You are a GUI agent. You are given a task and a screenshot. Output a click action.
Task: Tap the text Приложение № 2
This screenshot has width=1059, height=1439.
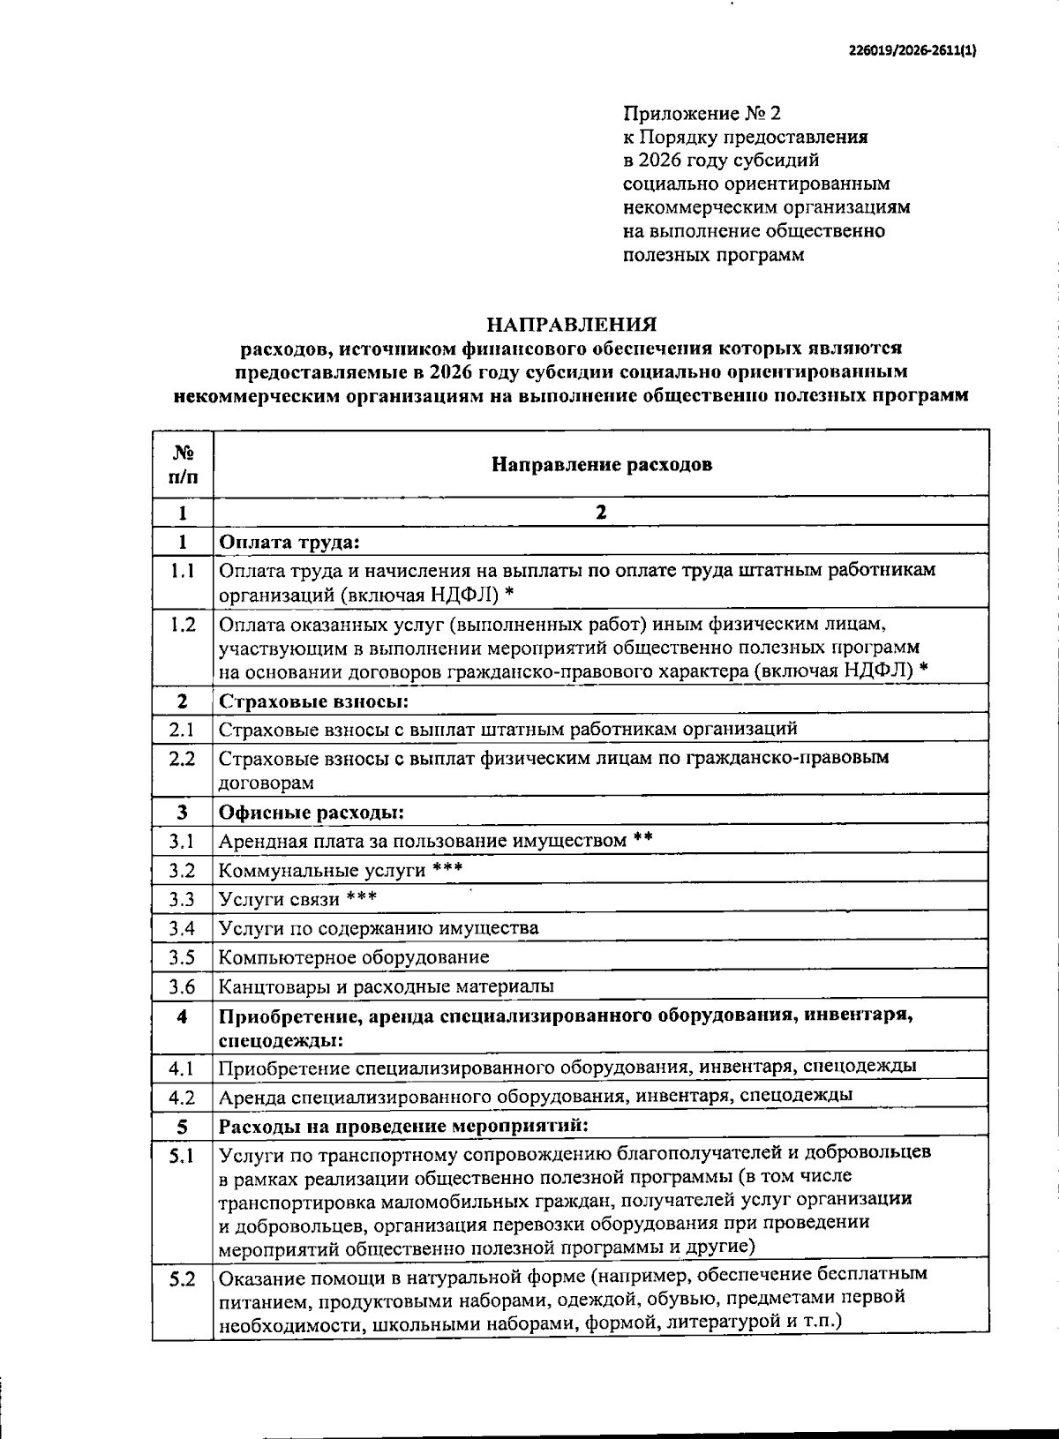(702, 114)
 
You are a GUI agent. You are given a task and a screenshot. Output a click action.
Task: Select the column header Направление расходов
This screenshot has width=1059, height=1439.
(601, 464)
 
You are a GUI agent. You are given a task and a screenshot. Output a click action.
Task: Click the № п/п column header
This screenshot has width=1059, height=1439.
(183, 464)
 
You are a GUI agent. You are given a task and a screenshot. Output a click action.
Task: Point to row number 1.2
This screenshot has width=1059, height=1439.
(183, 625)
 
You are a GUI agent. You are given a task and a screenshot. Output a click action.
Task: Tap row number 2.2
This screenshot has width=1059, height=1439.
(183, 758)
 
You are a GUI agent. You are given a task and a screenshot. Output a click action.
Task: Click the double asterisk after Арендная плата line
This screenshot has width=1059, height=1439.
(642, 839)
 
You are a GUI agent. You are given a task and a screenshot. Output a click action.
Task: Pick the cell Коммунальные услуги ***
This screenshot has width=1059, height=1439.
(340, 870)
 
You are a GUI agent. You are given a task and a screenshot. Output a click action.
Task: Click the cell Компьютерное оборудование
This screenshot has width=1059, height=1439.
(353, 957)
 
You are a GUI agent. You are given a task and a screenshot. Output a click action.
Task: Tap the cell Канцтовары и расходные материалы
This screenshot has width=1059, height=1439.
(386, 986)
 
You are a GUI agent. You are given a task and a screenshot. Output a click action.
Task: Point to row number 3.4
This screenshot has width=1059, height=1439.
(183, 928)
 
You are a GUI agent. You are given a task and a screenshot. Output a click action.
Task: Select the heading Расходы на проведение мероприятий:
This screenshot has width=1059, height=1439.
(402, 1127)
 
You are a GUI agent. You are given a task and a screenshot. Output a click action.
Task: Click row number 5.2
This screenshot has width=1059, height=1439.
(183, 1279)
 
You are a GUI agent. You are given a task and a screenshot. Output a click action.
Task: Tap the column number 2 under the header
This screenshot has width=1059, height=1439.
(601, 513)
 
